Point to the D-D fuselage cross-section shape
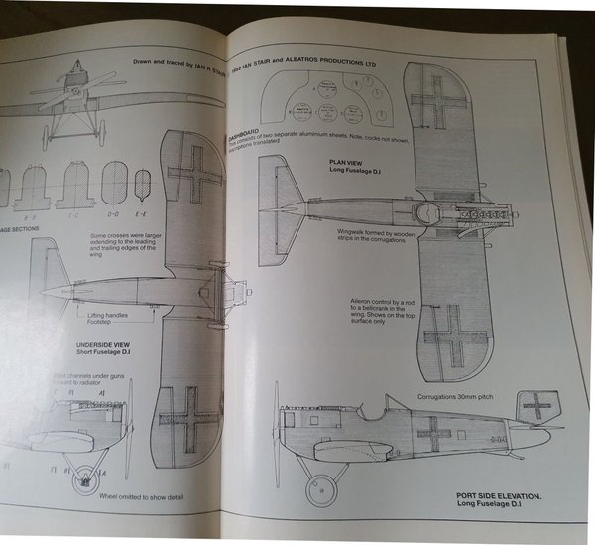point(115,185)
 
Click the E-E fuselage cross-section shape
point(144,184)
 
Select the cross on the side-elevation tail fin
point(537,404)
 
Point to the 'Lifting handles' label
point(99,314)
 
